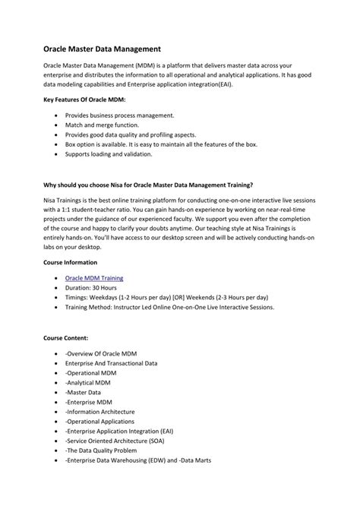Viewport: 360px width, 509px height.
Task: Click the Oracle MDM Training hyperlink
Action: click(x=94, y=279)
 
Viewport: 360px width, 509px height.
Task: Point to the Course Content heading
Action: click(x=66, y=336)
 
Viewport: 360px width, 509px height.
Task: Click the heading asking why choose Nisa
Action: click(x=148, y=184)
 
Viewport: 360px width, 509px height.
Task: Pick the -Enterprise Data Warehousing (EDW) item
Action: click(x=137, y=460)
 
